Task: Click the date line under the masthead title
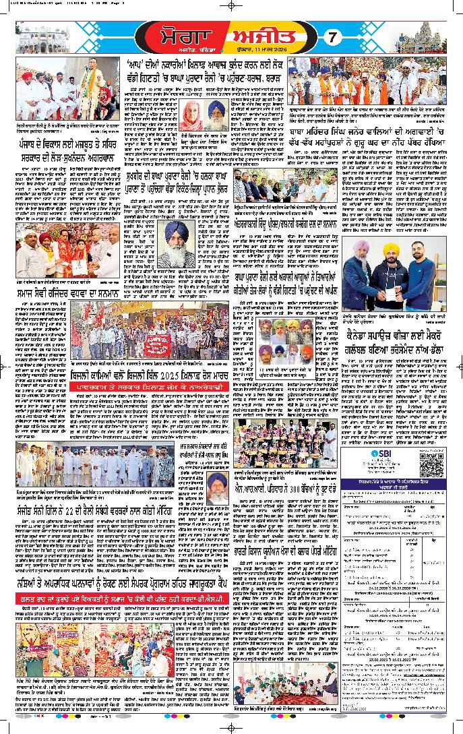tap(279, 49)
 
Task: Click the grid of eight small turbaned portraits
tap(294, 340)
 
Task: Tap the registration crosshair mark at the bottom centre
tap(232, 730)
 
